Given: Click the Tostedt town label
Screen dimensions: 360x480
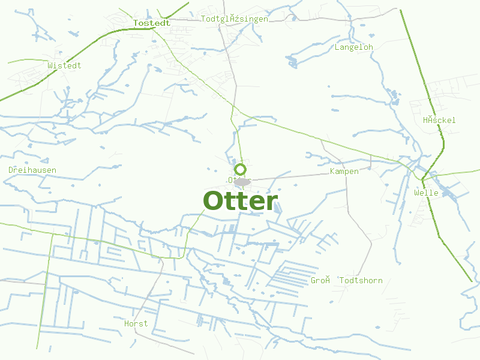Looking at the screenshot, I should pos(152,23).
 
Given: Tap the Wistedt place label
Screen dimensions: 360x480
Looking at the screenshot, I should pos(64,65).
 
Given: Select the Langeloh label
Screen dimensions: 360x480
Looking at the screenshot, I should pos(354,47).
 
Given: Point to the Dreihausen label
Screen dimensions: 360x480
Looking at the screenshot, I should pos(32,170).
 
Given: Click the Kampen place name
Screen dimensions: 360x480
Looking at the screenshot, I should pos(344,172).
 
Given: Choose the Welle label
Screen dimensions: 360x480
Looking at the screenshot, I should pos(426,193).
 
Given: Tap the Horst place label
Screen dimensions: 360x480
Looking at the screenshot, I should pos(136,324).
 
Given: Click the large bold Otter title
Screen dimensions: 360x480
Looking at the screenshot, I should pos(240,201).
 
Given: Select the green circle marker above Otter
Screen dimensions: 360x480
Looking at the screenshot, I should pos(240,169).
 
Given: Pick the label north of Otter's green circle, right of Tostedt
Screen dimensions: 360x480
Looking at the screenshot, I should pos(235,19).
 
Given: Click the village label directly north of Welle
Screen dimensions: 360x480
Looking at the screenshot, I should pos(439,120).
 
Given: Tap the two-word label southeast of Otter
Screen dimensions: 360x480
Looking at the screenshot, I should pos(346,281).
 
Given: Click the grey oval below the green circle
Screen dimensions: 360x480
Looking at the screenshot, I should pos(242,181).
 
